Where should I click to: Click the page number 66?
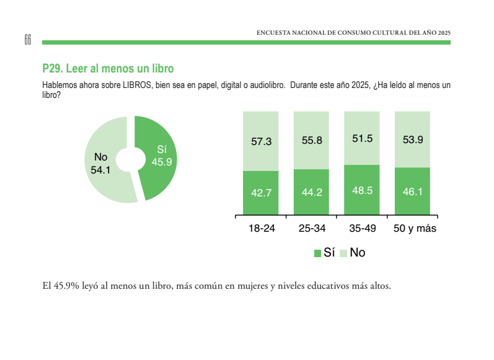[x=27, y=39]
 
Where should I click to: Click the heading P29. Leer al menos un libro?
[x=108, y=68]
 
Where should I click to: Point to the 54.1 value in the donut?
[x=100, y=169]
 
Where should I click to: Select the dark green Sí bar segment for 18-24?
[x=261, y=193]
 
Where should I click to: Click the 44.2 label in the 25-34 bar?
[x=312, y=192]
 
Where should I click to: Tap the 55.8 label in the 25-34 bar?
[x=312, y=141]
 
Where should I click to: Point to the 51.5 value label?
[x=362, y=139]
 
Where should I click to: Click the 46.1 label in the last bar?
[x=413, y=191]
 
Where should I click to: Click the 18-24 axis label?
[x=262, y=229]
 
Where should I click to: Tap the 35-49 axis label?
[x=363, y=229]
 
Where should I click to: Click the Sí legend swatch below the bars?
[x=318, y=253]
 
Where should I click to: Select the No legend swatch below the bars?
[x=344, y=253]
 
